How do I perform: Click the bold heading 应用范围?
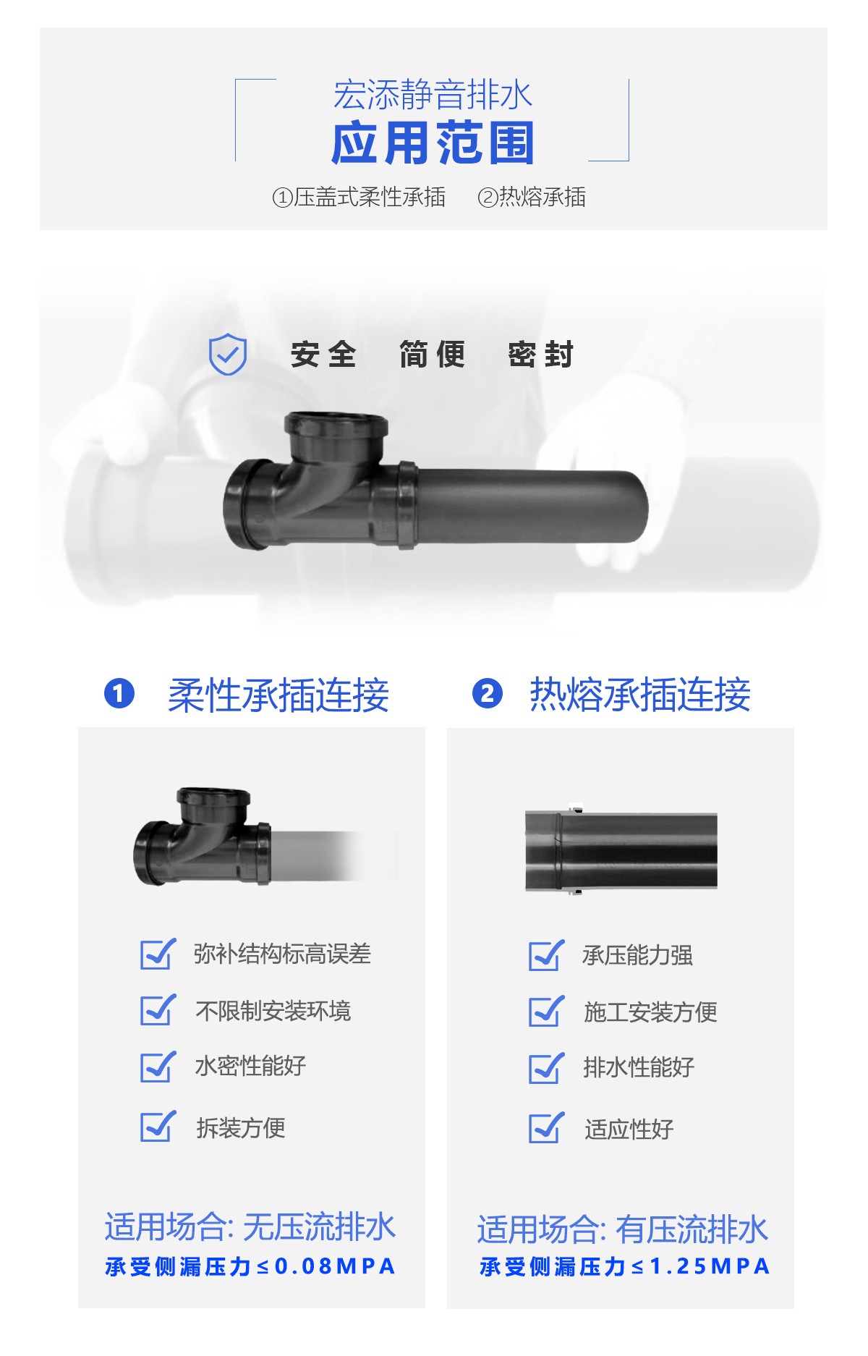(433, 143)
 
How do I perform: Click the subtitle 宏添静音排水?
(433, 94)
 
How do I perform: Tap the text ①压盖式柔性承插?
(359, 197)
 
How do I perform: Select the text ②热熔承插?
(532, 197)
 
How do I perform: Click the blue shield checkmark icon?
(227, 354)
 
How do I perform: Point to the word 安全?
(323, 355)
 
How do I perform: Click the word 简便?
(433, 355)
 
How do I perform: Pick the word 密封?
(541, 355)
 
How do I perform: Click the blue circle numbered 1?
(119, 692)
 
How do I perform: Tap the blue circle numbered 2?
(487, 692)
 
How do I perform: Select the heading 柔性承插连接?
(278, 695)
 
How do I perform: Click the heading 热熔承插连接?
(640, 695)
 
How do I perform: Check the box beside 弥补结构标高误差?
(158, 954)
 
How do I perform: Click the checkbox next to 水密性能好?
(158, 1067)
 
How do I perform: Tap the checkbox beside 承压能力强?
(546, 955)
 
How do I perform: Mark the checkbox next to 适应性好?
(546, 1128)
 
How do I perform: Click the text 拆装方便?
(241, 1127)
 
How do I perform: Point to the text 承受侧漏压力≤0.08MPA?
(250, 1266)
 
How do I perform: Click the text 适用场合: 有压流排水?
(622, 1229)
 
